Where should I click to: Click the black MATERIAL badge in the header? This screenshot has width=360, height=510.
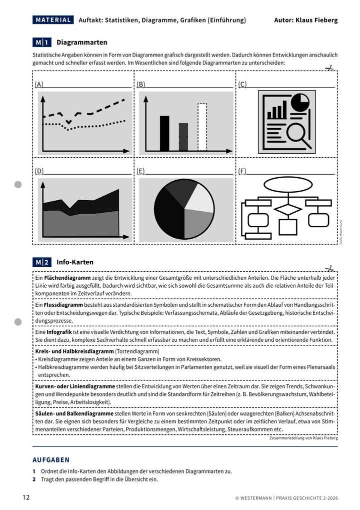click(x=53, y=20)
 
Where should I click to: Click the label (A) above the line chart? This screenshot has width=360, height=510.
click(x=39, y=85)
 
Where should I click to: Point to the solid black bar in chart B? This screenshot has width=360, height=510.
click(x=164, y=133)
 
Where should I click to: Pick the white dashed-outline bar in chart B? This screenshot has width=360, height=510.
click(x=202, y=127)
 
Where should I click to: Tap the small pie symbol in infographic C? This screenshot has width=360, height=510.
click(x=299, y=103)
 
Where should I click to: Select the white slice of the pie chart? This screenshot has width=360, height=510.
click(x=200, y=197)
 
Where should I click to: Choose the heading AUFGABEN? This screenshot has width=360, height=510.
click(x=51, y=459)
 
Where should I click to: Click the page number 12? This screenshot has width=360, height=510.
click(x=26, y=497)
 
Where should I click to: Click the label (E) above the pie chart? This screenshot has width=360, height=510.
click(x=140, y=171)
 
